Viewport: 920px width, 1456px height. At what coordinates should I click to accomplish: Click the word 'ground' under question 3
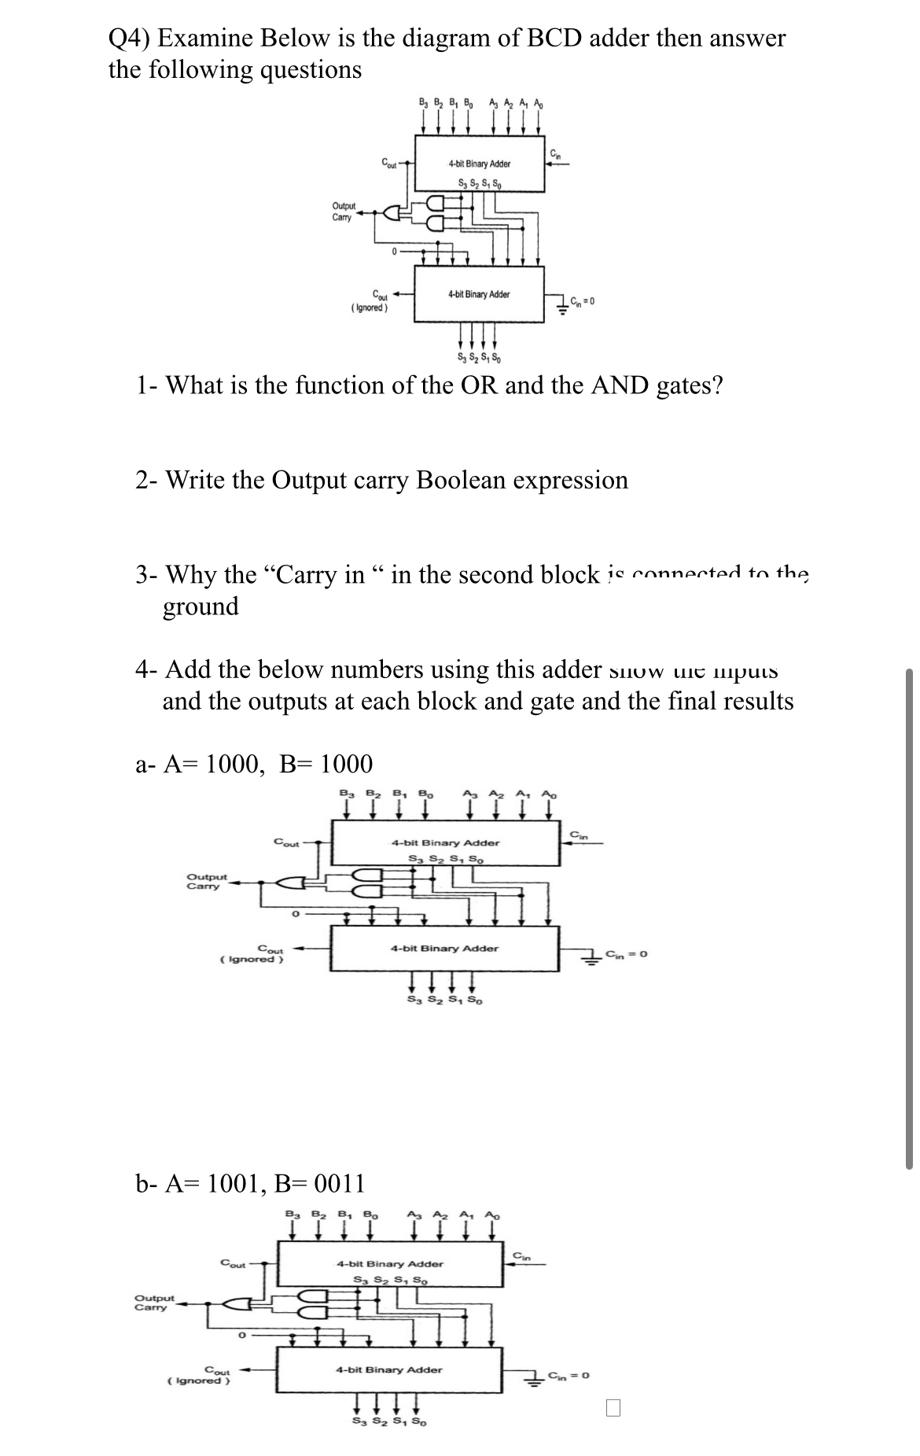click(x=201, y=606)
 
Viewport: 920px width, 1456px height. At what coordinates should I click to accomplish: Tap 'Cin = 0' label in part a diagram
click(x=626, y=954)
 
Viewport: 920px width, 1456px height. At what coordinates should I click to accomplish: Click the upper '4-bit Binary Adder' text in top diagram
click(x=479, y=164)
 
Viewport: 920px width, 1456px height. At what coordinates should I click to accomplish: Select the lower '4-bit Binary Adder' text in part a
click(x=444, y=948)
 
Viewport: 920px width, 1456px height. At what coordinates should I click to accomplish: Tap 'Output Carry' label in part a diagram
click(x=206, y=881)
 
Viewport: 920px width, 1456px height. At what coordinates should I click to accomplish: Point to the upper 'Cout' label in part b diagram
click(x=234, y=1264)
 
